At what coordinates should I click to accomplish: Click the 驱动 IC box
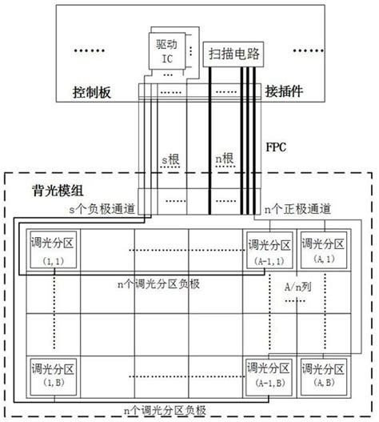[167, 51]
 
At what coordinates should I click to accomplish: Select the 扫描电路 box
[233, 54]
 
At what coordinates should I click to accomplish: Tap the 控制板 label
[92, 92]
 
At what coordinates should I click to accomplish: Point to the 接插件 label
[284, 91]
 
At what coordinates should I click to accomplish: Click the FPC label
[276, 147]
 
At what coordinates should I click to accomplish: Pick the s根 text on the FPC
[170, 159]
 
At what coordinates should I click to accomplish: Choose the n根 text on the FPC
[225, 159]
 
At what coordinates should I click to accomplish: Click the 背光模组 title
[58, 191]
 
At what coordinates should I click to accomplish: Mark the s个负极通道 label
[102, 209]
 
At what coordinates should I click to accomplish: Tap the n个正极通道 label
[297, 209]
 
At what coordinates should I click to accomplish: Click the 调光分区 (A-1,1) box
[269, 250]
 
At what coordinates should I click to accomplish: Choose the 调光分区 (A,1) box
[323, 250]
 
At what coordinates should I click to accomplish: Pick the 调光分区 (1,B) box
[54, 377]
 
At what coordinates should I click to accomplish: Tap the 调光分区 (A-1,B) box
[269, 377]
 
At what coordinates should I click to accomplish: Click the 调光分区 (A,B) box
[323, 377]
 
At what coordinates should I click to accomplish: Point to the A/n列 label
[297, 287]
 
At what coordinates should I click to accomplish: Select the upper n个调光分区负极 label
[158, 284]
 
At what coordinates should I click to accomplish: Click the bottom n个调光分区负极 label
[165, 411]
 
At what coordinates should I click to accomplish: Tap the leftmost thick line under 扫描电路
[210, 140]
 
